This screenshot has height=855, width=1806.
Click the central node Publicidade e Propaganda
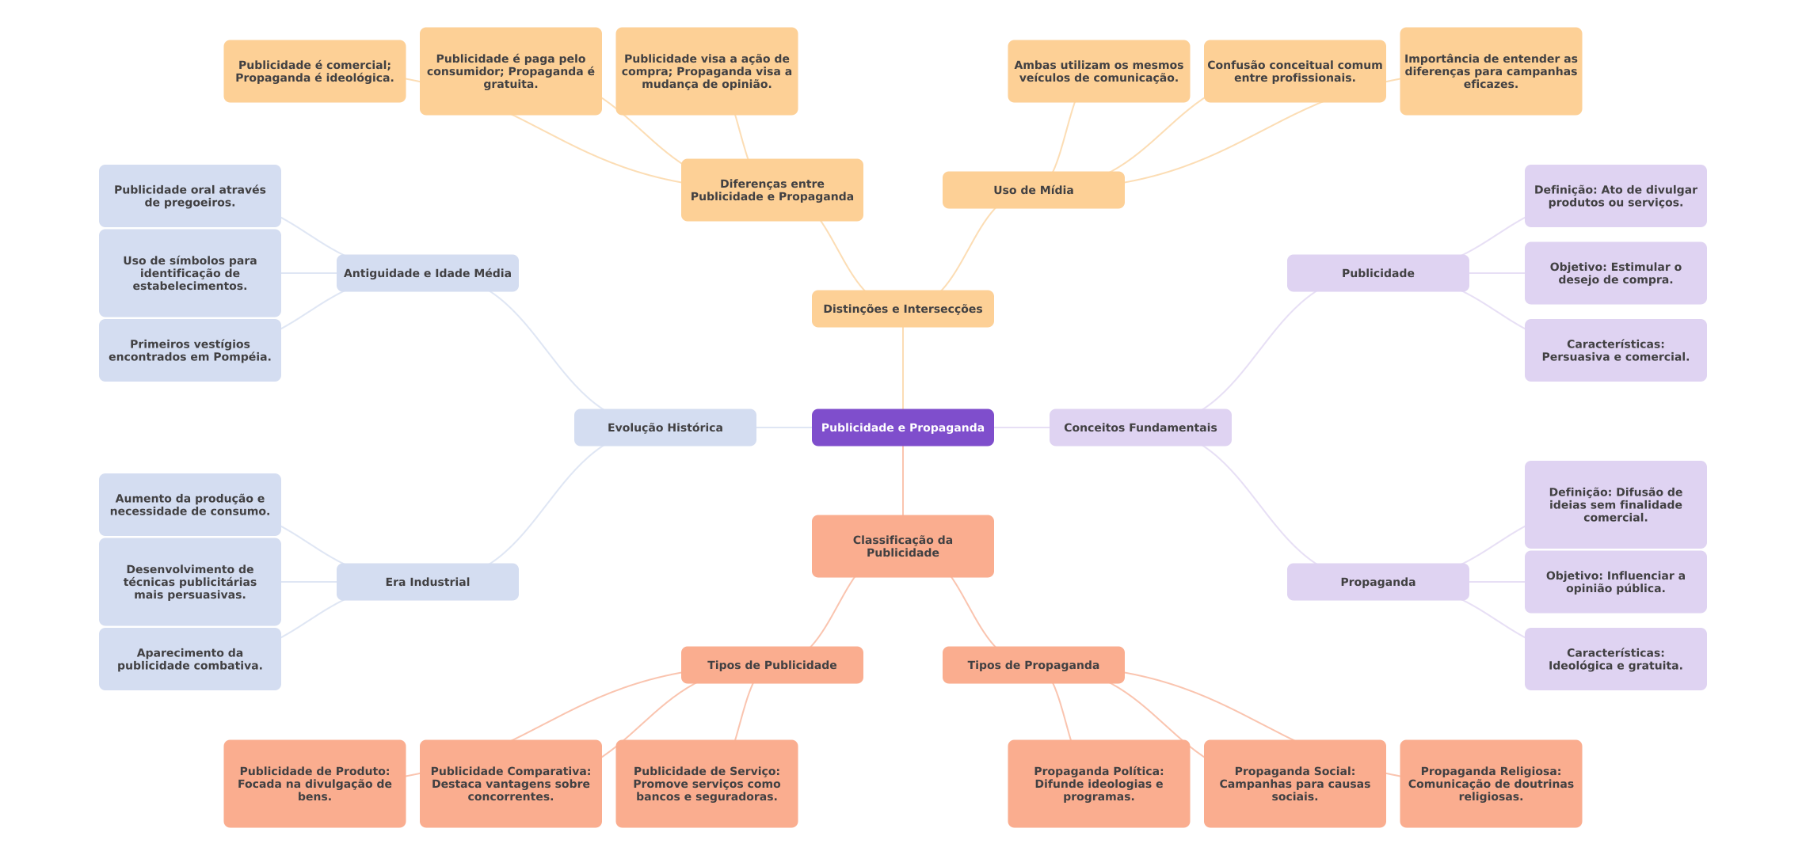coord(902,427)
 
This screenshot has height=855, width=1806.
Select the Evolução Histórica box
coord(665,427)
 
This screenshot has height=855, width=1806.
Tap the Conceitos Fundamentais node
coord(1140,427)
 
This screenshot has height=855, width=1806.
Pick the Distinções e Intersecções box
coord(902,309)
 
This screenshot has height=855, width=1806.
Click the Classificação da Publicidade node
coord(902,546)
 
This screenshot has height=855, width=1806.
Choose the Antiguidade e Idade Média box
coord(427,273)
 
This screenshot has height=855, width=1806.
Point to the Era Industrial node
coord(427,582)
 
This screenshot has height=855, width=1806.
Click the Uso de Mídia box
coord(1033,190)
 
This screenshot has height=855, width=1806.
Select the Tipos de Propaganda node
coord(1033,665)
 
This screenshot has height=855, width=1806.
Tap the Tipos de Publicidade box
coord(772,665)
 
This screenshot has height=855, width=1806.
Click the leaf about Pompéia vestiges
coord(189,350)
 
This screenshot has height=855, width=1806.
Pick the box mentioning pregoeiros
coord(189,196)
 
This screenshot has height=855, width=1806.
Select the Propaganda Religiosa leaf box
coord(1491,784)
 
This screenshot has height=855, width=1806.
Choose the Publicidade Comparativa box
coord(510,784)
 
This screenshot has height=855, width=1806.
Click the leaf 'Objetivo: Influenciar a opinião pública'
coord(1615,582)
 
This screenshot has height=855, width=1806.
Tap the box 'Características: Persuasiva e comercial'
coord(1615,350)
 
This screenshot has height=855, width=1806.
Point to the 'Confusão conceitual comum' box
coord(1294,71)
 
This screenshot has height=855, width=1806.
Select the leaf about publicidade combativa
coord(189,659)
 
